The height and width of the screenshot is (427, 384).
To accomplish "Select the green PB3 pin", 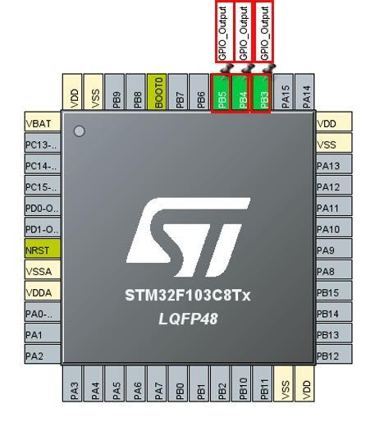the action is click(263, 93).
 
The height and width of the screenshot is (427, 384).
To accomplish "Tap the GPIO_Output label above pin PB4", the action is click(243, 32).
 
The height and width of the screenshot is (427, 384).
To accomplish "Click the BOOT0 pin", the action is click(157, 92).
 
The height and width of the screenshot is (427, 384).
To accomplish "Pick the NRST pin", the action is click(43, 248).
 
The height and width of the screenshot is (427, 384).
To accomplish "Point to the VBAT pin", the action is click(43, 122).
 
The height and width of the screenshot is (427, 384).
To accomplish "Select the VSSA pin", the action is click(43, 269).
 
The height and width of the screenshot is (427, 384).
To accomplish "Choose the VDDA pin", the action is click(43, 291).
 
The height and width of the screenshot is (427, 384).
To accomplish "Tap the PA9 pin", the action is click(334, 248).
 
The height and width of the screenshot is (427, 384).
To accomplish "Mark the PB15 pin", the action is click(334, 291).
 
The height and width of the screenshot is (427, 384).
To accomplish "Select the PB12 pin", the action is click(334, 354).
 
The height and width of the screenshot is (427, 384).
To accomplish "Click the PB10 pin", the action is click(241, 383).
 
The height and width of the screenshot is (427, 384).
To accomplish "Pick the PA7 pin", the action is click(157, 383).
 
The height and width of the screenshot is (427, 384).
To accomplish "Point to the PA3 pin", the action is click(72, 383).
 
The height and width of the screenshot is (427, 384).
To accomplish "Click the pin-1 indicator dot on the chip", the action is click(80, 131).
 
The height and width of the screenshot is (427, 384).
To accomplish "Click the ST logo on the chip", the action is click(188, 237).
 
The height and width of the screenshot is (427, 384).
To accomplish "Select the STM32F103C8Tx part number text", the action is click(188, 296).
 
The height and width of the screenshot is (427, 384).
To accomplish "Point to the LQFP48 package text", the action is click(188, 319).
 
